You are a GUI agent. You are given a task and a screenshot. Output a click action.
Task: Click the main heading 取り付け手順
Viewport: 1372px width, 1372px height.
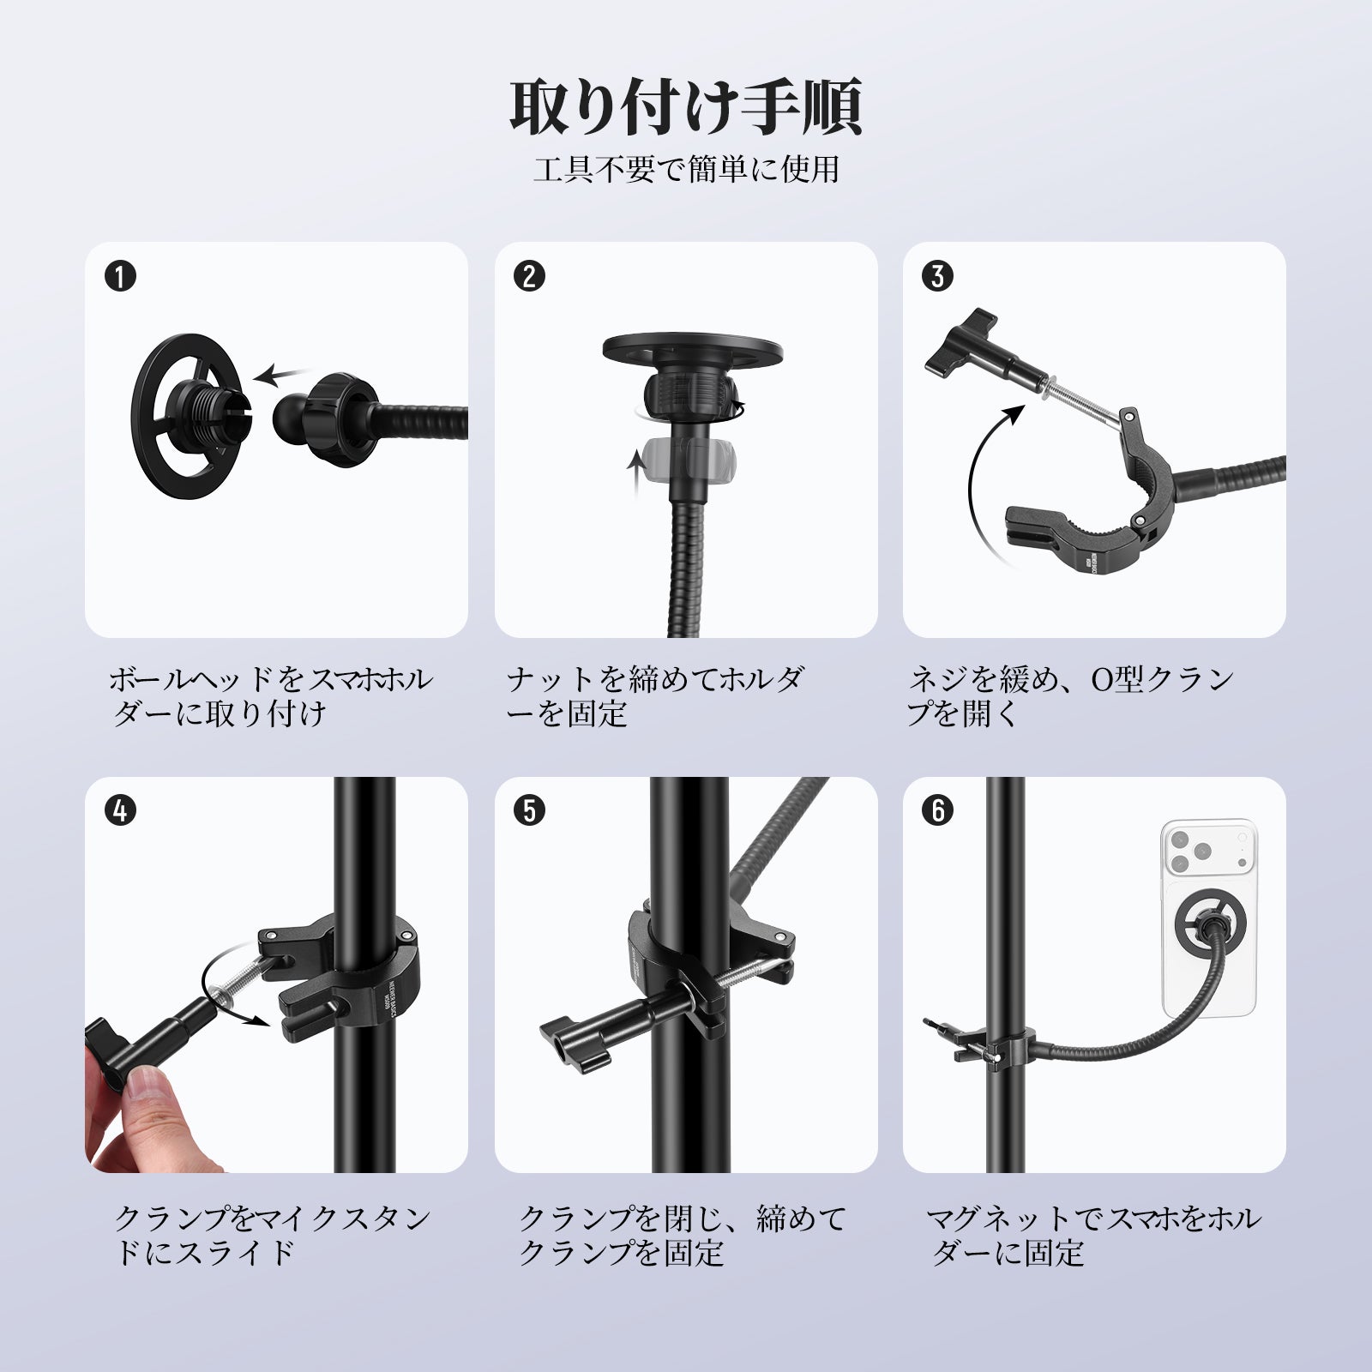pyautogui.click(x=686, y=108)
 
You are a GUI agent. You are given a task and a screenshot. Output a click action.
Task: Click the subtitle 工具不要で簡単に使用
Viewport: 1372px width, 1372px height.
pyautogui.click(x=686, y=169)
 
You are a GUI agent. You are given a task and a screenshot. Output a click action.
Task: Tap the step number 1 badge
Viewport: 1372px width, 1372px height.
pyautogui.click(x=121, y=276)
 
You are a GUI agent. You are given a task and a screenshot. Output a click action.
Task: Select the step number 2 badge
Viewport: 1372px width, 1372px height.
pyautogui.click(x=530, y=276)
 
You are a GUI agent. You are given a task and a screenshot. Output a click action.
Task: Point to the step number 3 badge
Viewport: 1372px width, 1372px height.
pyautogui.click(x=938, y=276)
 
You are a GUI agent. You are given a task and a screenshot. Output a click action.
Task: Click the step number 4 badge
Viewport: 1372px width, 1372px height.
pyautogui.click(x=121, y=811)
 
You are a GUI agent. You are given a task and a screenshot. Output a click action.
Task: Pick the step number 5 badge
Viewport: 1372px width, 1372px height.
pyautogui.click(x=530, y=811)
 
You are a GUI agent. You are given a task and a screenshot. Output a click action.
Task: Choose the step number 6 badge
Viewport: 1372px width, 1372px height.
pyautogui.click(x=938, y=811)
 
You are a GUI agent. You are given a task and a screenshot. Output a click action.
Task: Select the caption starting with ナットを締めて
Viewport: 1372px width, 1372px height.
pyautogui.click(x=655, y=696)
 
